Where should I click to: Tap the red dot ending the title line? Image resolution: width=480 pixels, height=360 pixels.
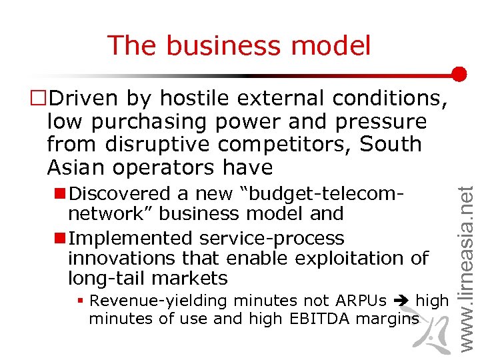point(458,74)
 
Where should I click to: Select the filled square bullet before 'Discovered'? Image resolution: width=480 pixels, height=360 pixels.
point(59,194)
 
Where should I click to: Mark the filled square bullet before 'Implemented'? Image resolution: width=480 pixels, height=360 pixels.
point(59,239)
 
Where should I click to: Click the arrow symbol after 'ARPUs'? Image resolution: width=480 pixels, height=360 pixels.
point(403,301)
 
